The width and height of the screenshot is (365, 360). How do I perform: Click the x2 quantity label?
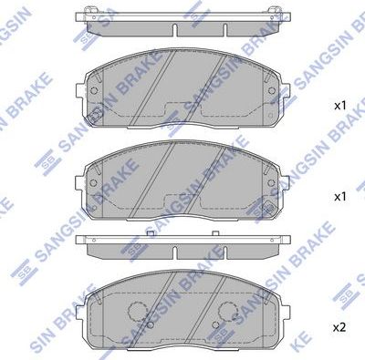pyautogui.click(x=339, y=326)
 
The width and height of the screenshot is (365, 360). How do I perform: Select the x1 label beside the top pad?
pyautogui.click(x=339, y=107)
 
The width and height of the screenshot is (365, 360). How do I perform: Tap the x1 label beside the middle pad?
pyautogui.click(x=339, y=197)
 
